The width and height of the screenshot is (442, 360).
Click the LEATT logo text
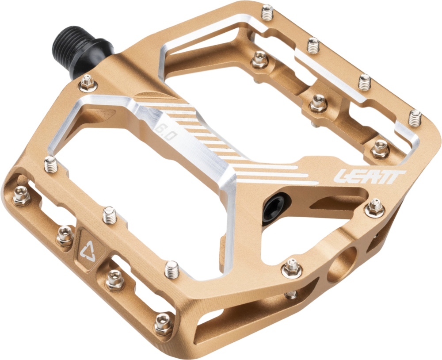click(x=370, y=176)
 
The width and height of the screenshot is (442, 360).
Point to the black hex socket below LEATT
click(x=273, y=208)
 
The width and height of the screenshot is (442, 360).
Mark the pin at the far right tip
click(x=415, y=118)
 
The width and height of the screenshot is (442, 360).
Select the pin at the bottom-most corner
click(x=163, y=324)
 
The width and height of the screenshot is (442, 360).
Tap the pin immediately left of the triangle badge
click(x=65, y=236)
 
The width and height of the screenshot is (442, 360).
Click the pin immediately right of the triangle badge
click(x=115, y=280)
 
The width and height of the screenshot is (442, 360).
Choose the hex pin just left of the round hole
click(x=292, y=268)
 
